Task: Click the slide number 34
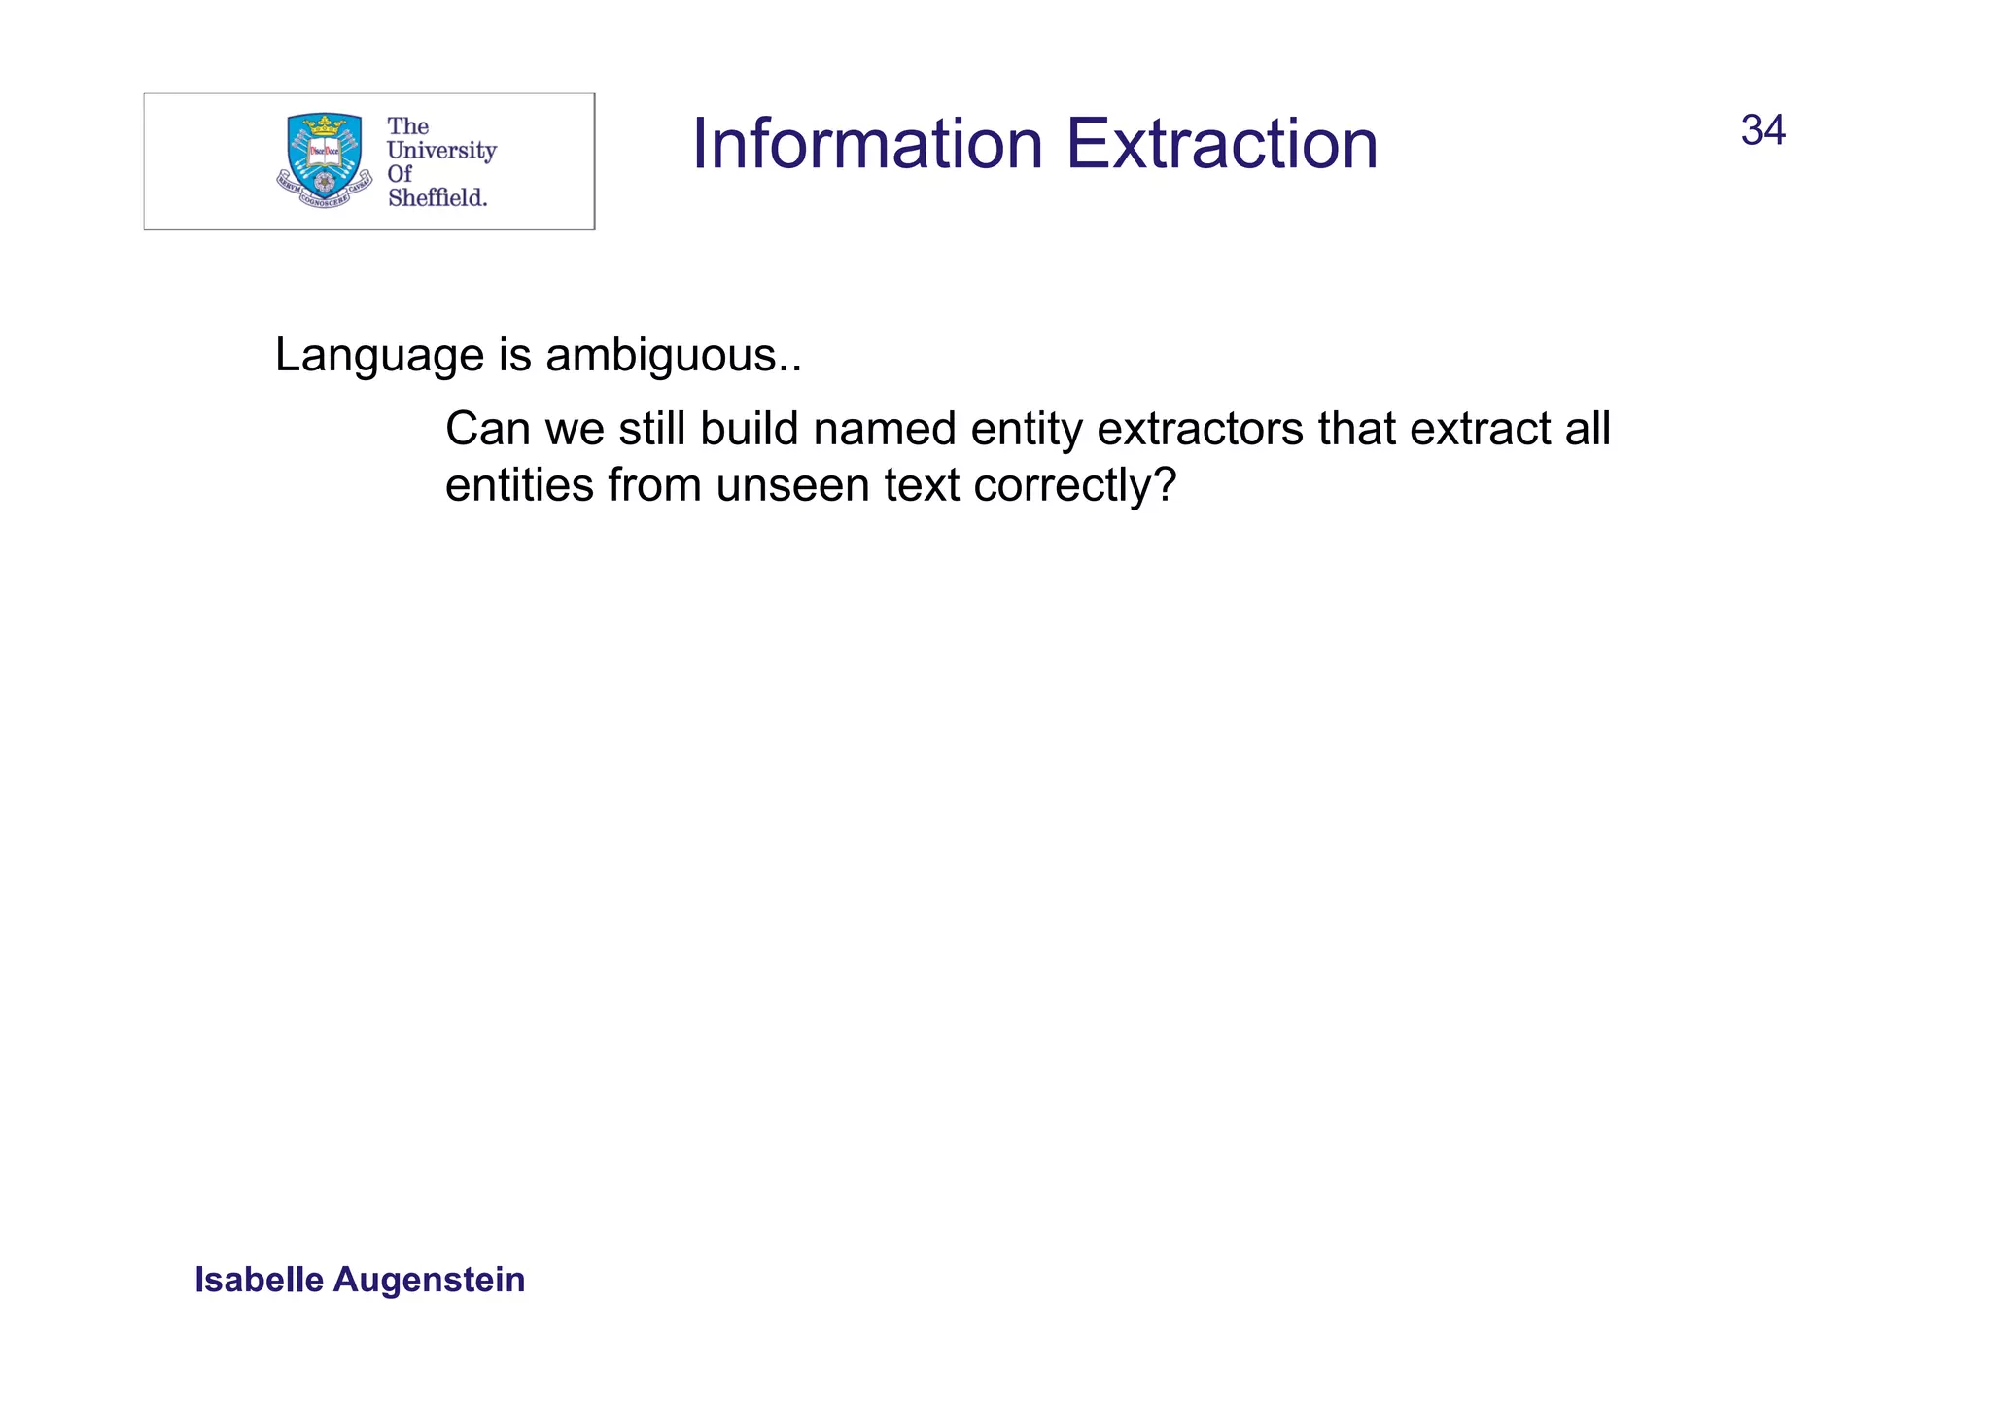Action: (1763, 130)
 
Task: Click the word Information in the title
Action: (866, 144)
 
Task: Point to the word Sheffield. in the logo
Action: (437, 197)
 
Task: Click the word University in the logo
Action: (441, 150)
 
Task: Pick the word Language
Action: (379, 356)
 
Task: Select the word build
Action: (754, 429)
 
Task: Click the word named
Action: (885, 429)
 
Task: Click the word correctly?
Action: (1074, 485)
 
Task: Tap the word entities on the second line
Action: (518, 485)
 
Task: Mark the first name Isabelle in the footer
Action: (259, 1280)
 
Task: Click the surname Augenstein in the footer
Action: (429, 1280)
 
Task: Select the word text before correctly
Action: (920, 485)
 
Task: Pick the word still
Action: (652, 429)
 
